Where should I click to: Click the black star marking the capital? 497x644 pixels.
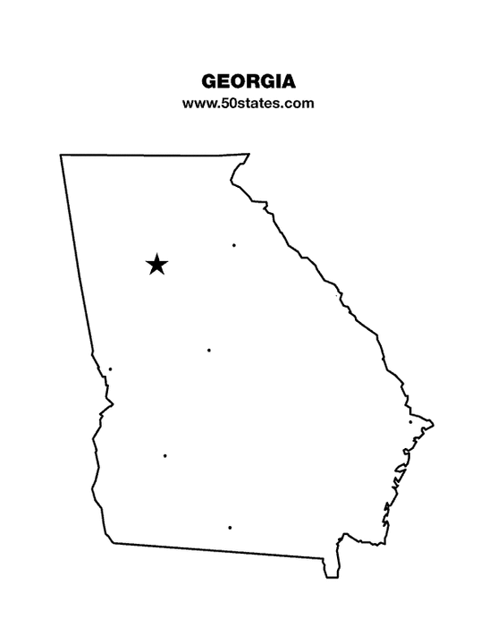coord(156,264)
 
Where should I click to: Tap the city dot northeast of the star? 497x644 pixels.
coord(234,245)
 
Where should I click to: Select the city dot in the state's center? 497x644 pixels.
coord(209,350)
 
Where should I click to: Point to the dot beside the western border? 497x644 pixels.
coord(110,369)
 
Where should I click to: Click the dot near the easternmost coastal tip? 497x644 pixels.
coord(410,422)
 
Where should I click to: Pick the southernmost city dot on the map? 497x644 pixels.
coord(230,528)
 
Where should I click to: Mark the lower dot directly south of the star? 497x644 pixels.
coord(165,456)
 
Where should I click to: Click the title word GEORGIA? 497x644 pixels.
coord(248,81)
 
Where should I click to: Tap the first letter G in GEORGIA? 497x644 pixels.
coord(211,81)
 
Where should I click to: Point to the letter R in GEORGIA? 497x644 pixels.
coord(257,81)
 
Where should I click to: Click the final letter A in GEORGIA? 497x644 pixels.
coord(287,81)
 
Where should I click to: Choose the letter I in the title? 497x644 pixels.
coord(277,81)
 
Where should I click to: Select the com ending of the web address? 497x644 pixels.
coord(300,103)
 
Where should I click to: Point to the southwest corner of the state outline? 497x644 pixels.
coord(112,542)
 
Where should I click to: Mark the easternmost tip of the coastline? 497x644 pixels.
coord(434,421)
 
